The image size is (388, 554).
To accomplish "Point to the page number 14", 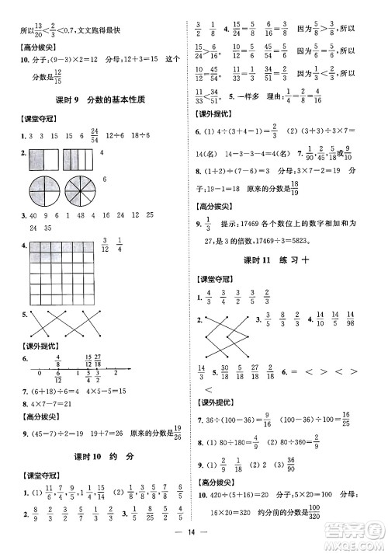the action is (x=194, y=542).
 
